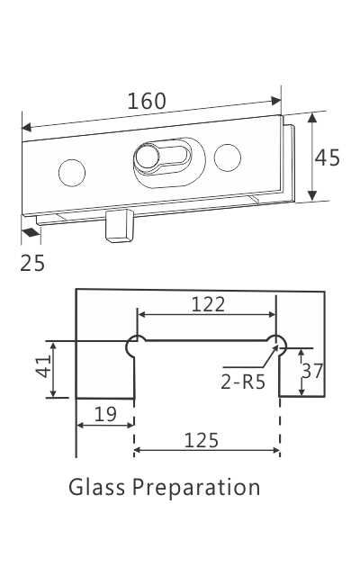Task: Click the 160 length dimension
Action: click(147, 101)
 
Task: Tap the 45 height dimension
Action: click(328, 157)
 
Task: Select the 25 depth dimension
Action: click(31, 263)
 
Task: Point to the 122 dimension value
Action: click(208, 304)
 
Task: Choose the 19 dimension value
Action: click(105, 414)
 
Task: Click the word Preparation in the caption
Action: click(196, 489)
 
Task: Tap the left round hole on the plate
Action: click(70, 170)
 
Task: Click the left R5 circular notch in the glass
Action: click(136, 344)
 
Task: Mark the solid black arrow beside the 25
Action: click(30, 232)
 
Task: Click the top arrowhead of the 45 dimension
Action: click(313, 117)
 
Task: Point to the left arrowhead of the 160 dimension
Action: click(26, 126)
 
